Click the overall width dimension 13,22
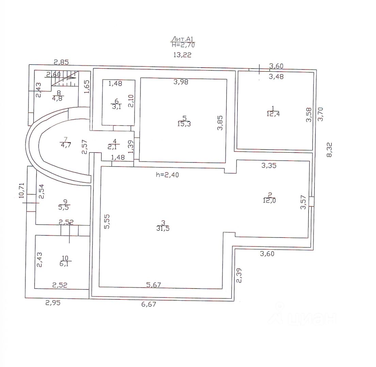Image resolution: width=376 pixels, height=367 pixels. (x=182, y=55)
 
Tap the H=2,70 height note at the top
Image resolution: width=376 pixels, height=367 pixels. (x=183, y=45)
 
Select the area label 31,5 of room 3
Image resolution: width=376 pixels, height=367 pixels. (x=163, y=229)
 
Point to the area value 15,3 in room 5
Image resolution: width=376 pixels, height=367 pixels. (x=184, y=124)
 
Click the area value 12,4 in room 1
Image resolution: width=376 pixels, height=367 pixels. (x=273, y=114)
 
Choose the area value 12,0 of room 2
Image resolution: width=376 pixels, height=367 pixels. (x=269, y=200)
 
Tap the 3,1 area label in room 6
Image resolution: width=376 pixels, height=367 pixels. (x=116, y=107)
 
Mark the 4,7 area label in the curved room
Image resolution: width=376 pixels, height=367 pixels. (x=66, y=145)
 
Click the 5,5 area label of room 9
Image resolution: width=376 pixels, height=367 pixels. (x=64, y=207)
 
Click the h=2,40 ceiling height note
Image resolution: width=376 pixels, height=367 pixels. (x=167, y=175)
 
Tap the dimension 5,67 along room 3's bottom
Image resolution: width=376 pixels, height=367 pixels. (x=154, y=285)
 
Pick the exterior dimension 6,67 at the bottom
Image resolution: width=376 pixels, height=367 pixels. (x=149, y=304)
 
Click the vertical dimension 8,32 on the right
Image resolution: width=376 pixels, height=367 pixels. (x=329, y=150)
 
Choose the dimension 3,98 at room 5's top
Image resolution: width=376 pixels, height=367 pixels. (x=181, y=82)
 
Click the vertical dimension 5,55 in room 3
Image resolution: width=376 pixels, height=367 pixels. (x=107, y=222)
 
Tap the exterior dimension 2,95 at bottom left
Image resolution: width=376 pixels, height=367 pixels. (x=53, y=303)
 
